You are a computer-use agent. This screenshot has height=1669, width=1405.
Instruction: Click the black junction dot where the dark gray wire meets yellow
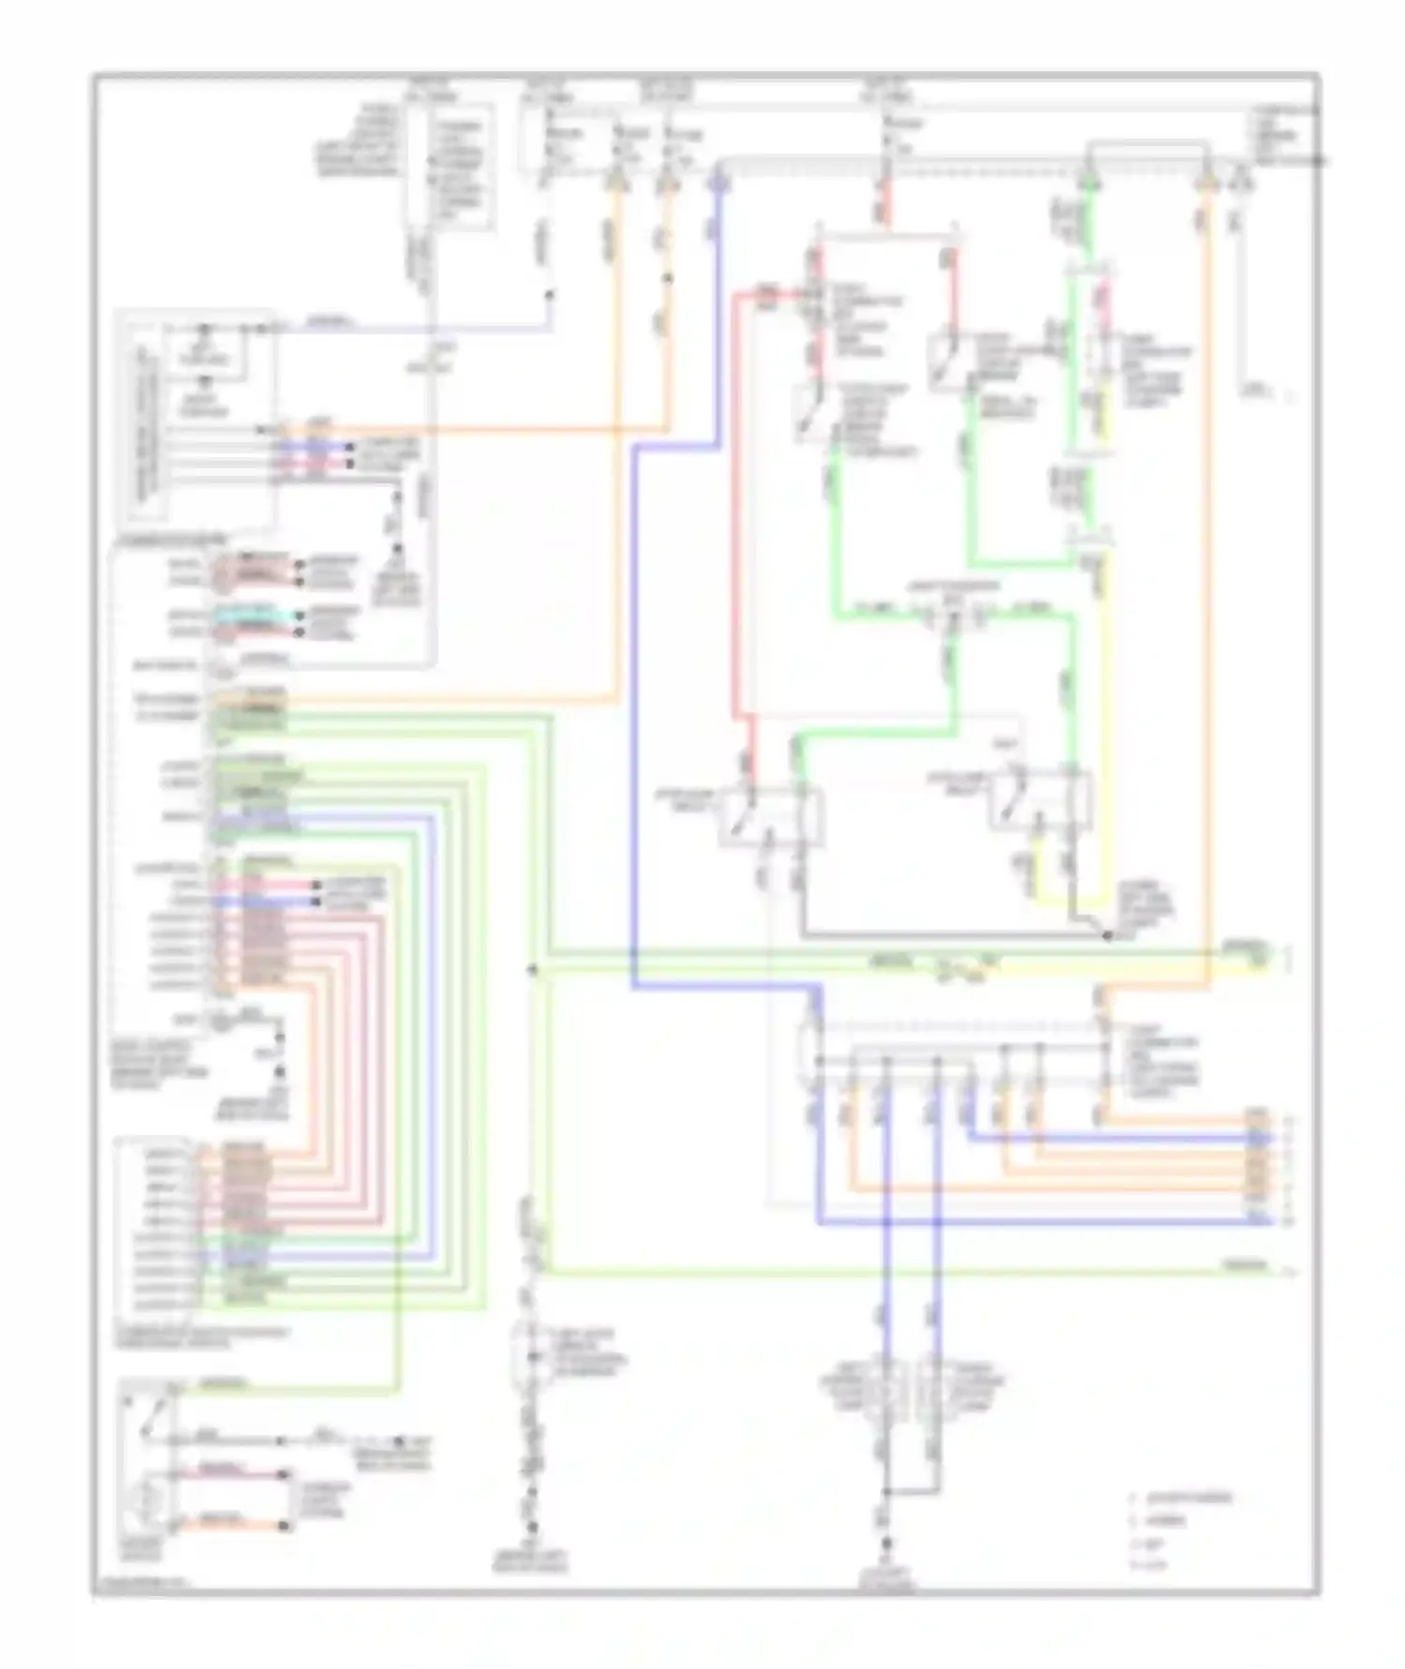pos(1106,935)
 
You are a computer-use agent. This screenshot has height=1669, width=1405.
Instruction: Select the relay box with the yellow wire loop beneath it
pos(1041,802)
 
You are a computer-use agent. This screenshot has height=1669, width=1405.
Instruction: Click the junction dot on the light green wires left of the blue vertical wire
pos(533,969)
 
